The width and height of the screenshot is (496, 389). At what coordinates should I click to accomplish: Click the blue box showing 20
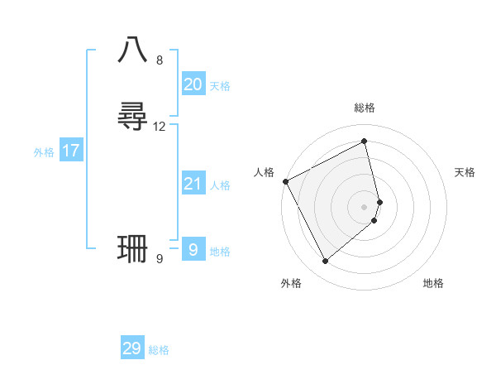(193, 84)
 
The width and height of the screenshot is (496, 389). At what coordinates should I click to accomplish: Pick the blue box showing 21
(193, 184)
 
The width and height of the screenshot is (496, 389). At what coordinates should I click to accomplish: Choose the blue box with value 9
(193, 249)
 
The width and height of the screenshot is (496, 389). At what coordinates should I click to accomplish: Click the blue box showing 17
(71, 151)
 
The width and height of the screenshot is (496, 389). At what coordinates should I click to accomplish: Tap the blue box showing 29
(132, 348)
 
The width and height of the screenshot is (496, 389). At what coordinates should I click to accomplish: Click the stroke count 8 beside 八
(160, 60)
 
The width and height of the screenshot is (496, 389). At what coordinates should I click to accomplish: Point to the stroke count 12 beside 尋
(160, 127)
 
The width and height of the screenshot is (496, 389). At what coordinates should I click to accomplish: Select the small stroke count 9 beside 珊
(160, 259)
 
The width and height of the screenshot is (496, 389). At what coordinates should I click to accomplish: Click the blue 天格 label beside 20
(220, 86)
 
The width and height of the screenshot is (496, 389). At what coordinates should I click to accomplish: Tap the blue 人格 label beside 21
(220, 185)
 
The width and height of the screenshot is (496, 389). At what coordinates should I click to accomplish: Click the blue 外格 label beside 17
(44, 152)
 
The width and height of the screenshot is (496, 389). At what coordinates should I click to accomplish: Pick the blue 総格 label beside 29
(159, 350)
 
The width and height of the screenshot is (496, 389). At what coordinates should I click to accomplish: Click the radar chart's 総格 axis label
(365, 108)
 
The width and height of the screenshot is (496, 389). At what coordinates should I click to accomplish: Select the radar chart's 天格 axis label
(465, 172)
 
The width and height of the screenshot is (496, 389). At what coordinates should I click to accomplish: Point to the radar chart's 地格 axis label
(433, 283)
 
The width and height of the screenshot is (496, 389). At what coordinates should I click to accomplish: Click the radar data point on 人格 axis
(285, 181)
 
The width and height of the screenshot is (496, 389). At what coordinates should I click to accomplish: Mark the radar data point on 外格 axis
(325, 262)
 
